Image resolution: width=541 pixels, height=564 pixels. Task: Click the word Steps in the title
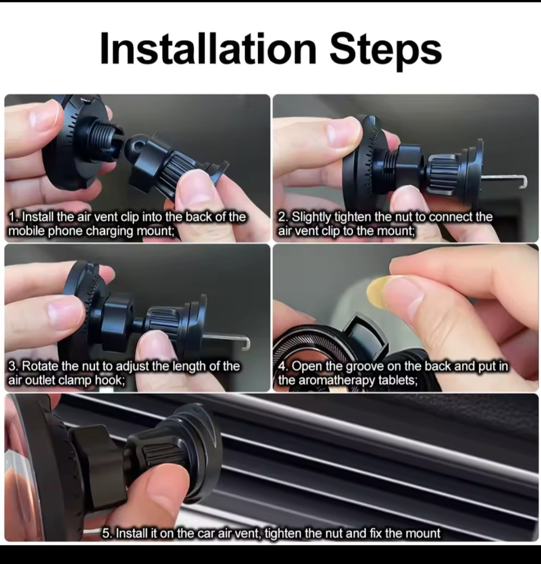pyautogui.click(x=385, y=49)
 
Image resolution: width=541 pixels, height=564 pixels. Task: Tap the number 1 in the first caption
pyautogui.click(x=13, y=217)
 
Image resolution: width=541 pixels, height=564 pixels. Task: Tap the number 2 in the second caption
pyautogui.click(x=282, y=217)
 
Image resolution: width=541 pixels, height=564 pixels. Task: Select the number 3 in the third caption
pyautogui.click(x=13, y=366)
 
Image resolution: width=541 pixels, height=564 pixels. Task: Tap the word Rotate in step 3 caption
pyautogui.click(x=40, y=366)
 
